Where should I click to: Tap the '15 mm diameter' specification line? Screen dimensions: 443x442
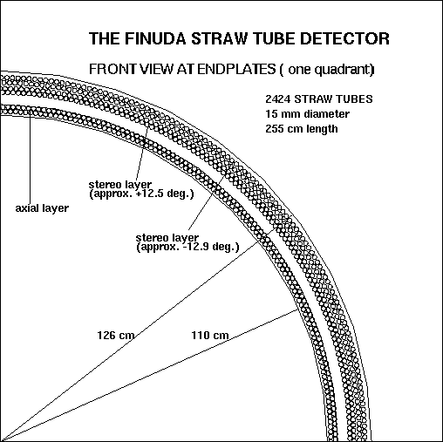pos(307,114)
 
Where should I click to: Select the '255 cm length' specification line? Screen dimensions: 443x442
pos(302,129)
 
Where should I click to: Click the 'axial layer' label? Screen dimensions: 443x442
pos(42,208)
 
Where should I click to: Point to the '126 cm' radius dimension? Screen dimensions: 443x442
pos(116,336)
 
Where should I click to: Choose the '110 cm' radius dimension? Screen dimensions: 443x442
pos(210,336)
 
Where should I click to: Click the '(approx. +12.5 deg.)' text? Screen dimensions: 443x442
pos(141,194)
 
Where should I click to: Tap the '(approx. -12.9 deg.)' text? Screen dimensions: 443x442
pos(187,247)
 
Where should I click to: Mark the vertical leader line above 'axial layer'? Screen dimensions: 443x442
pos(30,157)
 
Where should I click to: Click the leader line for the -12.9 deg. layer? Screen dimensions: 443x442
pos(206,202)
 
